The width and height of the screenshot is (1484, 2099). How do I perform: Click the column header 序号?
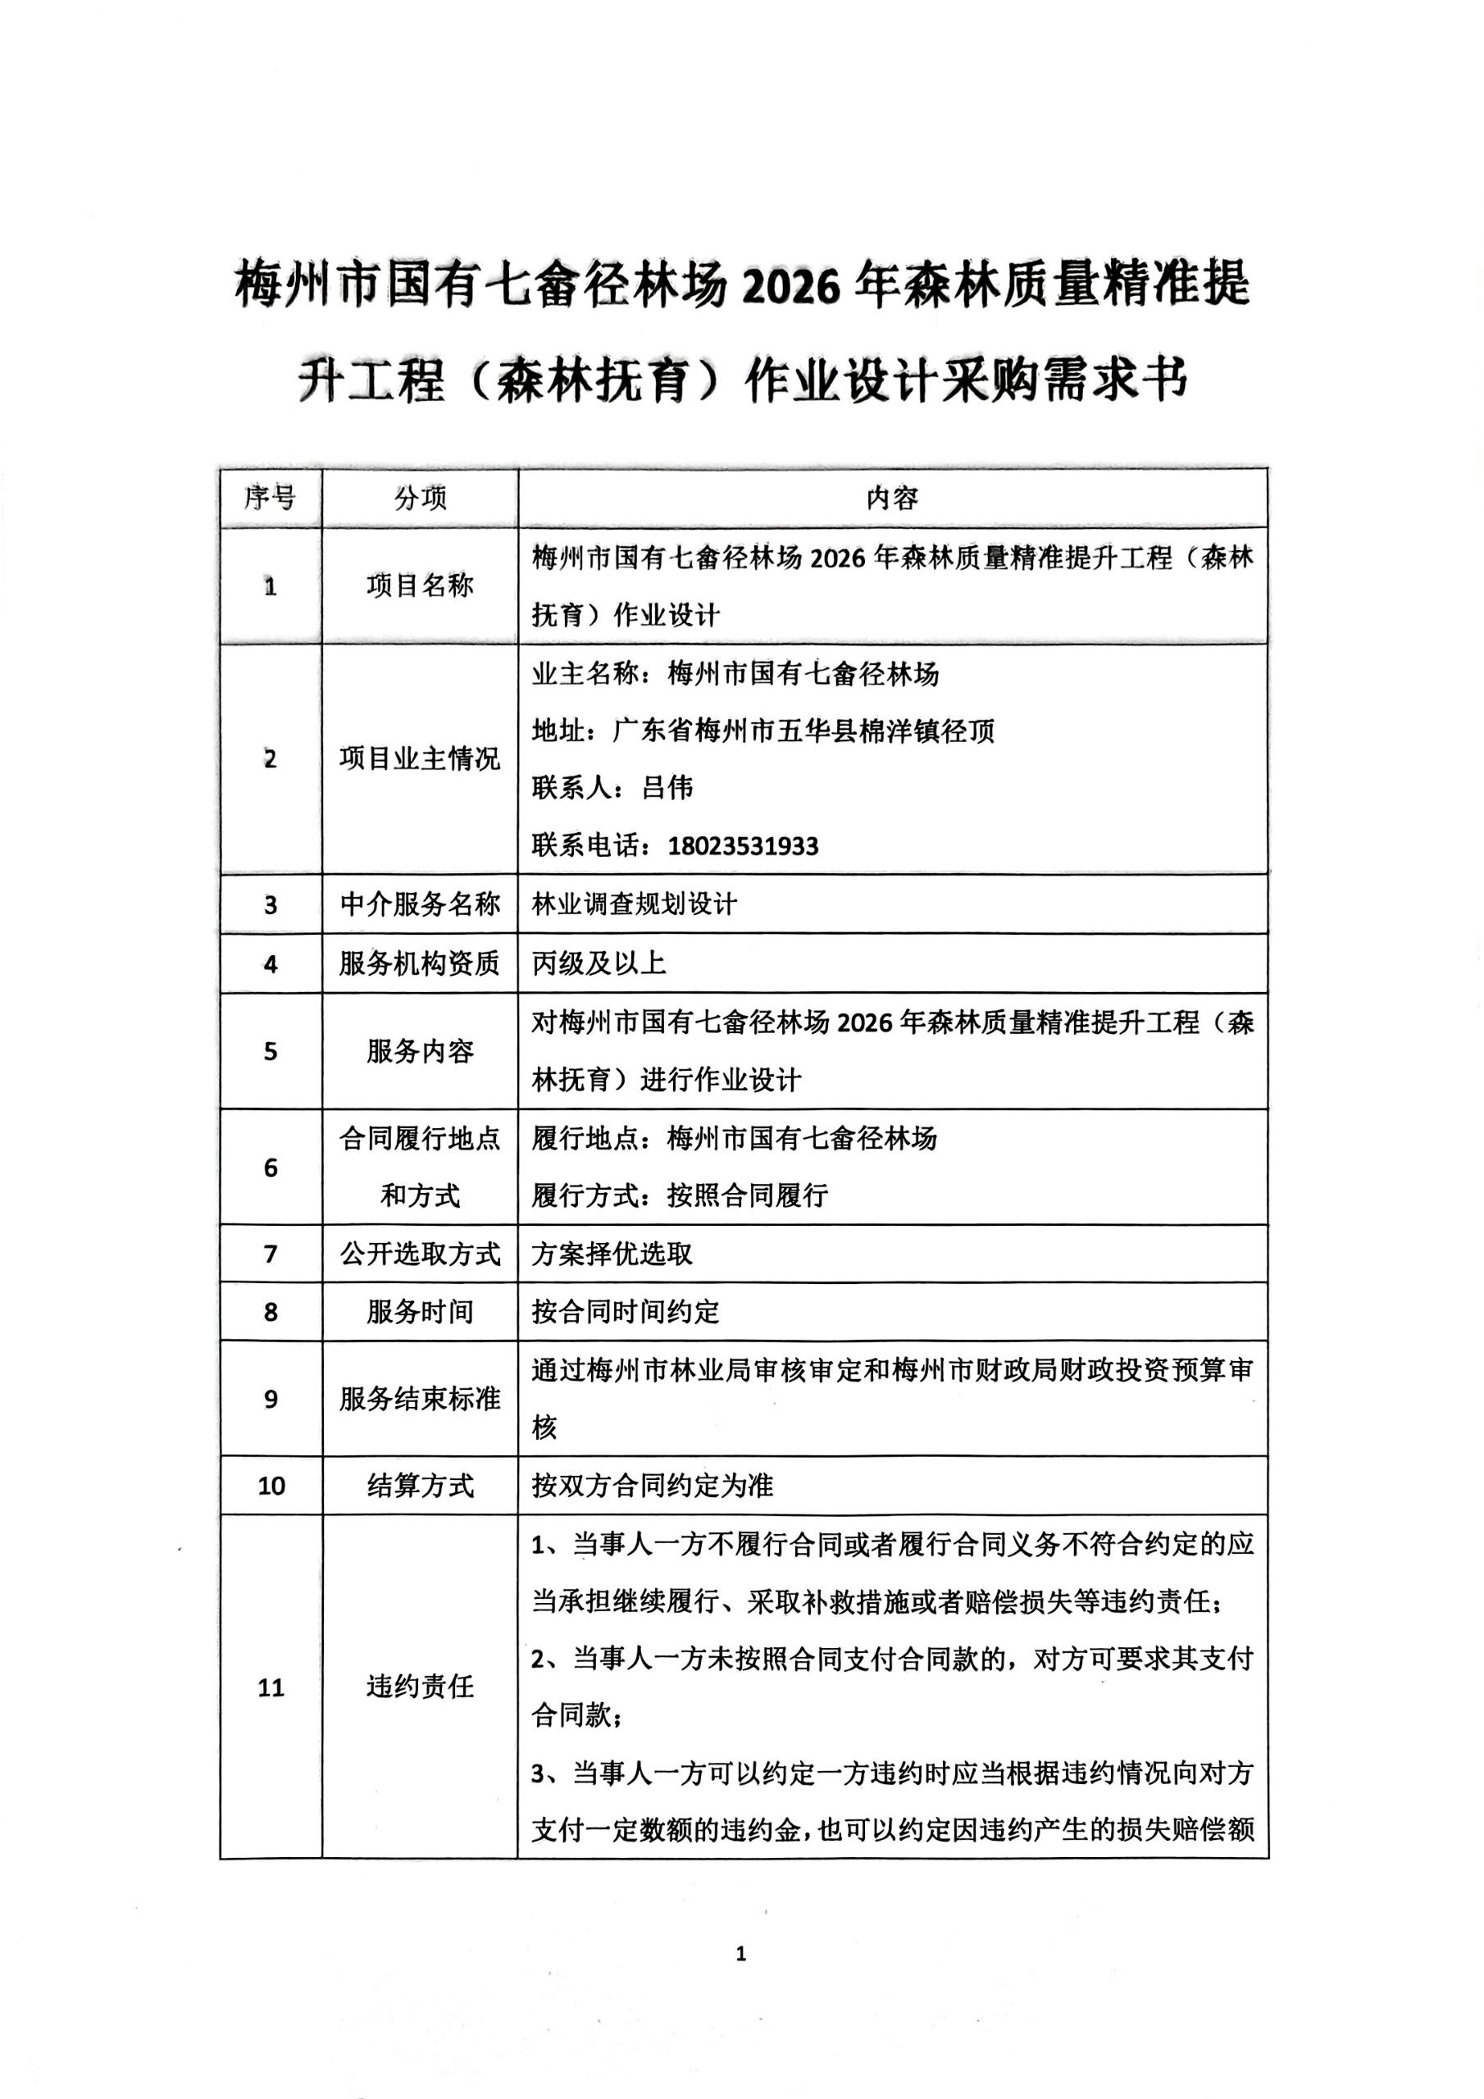270,499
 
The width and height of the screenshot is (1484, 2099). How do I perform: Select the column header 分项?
420,499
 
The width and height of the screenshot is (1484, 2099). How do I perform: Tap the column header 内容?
891,499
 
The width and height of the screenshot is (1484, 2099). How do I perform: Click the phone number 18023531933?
743,845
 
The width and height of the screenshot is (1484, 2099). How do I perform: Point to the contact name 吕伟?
667,788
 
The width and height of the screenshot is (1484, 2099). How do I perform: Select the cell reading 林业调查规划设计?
634,904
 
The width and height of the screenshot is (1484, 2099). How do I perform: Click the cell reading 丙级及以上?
599,963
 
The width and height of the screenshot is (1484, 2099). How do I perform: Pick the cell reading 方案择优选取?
612,1254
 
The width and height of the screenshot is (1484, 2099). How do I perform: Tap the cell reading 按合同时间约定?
626,1312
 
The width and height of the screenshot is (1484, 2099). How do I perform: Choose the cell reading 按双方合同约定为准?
652,1486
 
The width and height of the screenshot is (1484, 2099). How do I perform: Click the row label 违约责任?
420,1687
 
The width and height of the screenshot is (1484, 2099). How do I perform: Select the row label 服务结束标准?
420,1399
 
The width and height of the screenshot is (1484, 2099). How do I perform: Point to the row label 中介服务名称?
420,904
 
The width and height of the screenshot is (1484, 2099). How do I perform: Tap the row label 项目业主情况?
420,758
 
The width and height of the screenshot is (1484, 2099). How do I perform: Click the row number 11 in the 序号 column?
271,1687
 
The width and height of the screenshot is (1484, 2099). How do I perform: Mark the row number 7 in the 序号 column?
271,1254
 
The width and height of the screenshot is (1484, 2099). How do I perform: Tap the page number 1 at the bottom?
740,1954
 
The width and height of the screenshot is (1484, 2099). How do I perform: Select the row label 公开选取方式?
420,1254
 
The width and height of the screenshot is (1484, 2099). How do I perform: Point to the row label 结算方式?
420,1486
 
